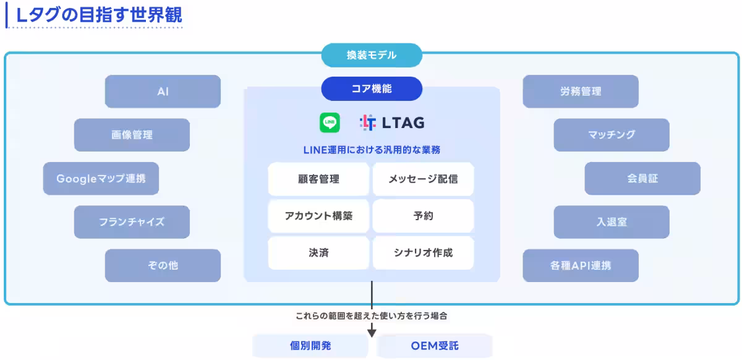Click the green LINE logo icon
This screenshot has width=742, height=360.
pos(330,122)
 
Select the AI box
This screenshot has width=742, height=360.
pos(163,92)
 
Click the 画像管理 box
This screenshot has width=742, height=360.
pos(132,135)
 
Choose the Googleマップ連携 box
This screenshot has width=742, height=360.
pos(101,179)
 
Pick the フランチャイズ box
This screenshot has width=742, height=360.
pos(132,222)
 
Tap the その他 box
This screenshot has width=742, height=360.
pos(163,265)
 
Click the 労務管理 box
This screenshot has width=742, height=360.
pos(580,92)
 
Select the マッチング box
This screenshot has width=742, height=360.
pos(611,135)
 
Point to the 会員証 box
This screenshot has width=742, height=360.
pos(642,179)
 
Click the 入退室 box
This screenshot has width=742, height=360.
pos(611,222)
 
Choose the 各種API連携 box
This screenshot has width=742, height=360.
pos(580,265)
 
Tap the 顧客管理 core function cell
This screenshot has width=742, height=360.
pos(318,179)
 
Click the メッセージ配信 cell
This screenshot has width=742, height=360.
pos(423,179)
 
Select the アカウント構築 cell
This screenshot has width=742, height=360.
pos(318,216)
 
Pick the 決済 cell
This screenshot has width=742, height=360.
pos(318,253)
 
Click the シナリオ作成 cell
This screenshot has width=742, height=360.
pos(423,253)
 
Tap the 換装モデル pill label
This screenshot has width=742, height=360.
pos(372,55)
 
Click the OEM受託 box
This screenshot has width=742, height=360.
pos(435,346)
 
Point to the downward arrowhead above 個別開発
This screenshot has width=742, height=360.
pos(372,333)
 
